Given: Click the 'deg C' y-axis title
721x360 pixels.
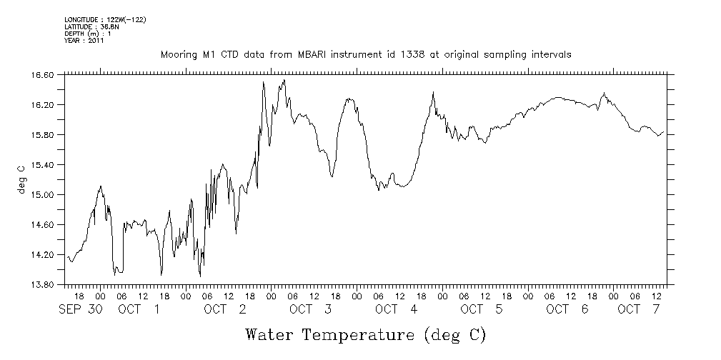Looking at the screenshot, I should coord(21,179).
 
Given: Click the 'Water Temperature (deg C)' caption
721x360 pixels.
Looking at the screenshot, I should coord(366,334).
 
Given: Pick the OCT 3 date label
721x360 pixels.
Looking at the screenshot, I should coord(311,309).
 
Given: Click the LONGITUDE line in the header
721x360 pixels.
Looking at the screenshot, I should coord(105,19).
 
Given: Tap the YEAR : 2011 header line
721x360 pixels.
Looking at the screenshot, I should coord(84,41).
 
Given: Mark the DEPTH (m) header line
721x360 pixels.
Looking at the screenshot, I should coord(88,34).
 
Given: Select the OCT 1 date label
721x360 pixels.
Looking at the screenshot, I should coord(139,309).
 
